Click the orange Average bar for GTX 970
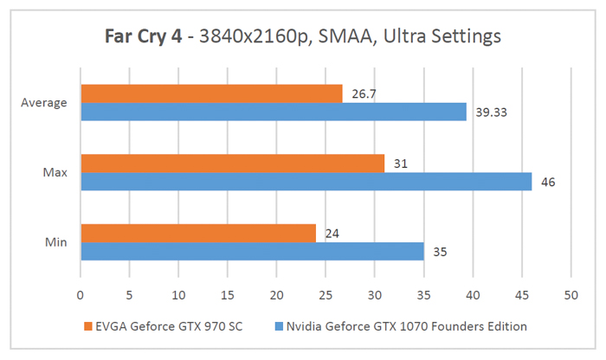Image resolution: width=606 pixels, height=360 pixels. point(211,93)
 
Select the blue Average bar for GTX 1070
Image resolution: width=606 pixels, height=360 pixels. point(273,112)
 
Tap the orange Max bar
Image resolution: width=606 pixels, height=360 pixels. point(232,163)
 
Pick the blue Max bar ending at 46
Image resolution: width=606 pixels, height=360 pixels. point(306,181)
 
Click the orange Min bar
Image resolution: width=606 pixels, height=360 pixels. point(197,233)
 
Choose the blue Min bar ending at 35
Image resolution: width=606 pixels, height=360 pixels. point(252,251)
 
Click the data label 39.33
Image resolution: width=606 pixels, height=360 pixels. point(487,112)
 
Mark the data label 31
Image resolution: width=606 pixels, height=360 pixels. point(399,163)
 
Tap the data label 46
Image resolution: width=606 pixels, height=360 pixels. point(547,181)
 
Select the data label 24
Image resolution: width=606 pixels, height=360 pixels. point(331,233)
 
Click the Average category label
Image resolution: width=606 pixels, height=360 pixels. point(43,103)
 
